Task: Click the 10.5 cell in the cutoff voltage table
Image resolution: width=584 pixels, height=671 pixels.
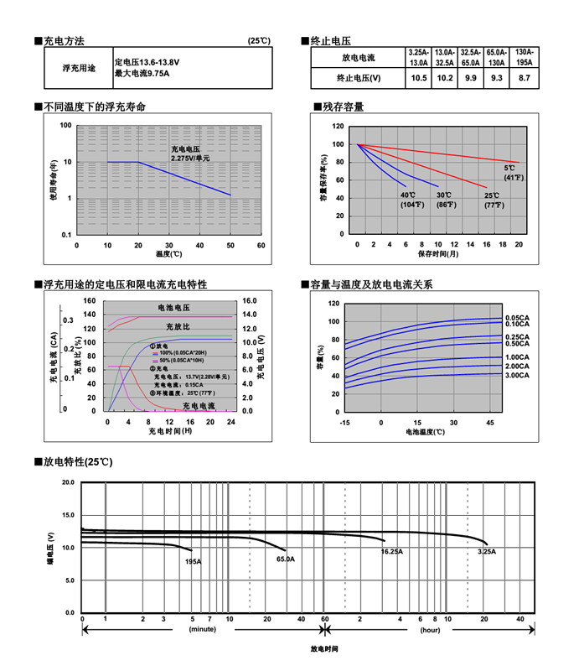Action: pos(419,78)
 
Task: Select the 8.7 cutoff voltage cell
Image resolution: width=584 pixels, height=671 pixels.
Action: pos(525,78)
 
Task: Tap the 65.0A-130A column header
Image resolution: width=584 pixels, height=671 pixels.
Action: pos(496,57)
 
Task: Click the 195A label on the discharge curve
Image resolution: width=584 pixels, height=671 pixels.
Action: pos(193,560)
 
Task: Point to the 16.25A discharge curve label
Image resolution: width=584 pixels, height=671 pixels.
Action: pos(391,552)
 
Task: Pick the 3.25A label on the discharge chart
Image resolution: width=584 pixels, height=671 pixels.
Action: pos(486,552)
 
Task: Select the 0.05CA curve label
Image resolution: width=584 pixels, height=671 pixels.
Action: pos(517,317)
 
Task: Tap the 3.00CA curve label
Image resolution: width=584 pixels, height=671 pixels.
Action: pos(517,376)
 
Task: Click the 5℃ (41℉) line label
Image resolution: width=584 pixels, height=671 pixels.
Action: pos(513,173)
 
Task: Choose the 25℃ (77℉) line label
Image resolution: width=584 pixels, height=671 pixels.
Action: pos(491,200)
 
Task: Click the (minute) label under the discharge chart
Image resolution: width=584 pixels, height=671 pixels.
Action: pos(202,628)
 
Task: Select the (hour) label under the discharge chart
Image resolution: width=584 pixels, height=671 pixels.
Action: pos(431,628)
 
